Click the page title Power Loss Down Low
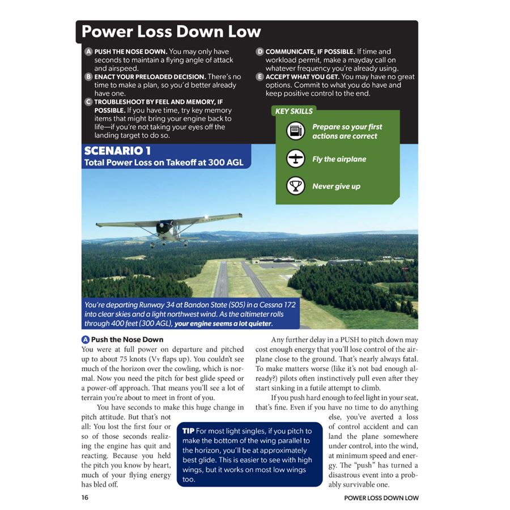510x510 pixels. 171,32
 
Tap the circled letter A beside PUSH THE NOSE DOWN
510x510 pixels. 88,52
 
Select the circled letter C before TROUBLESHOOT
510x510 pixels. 88,102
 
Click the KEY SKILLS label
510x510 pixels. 294,111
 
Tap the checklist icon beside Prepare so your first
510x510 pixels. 295,132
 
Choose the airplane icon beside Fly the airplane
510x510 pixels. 295,159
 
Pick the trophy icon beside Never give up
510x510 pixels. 295,186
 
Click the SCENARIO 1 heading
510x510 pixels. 117,151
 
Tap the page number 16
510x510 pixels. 85,498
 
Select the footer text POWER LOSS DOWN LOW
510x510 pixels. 381,498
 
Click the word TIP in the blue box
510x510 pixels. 189,432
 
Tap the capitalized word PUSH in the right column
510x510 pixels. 352,340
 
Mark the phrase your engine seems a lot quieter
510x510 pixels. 223,324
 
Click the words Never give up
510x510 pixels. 336,186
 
